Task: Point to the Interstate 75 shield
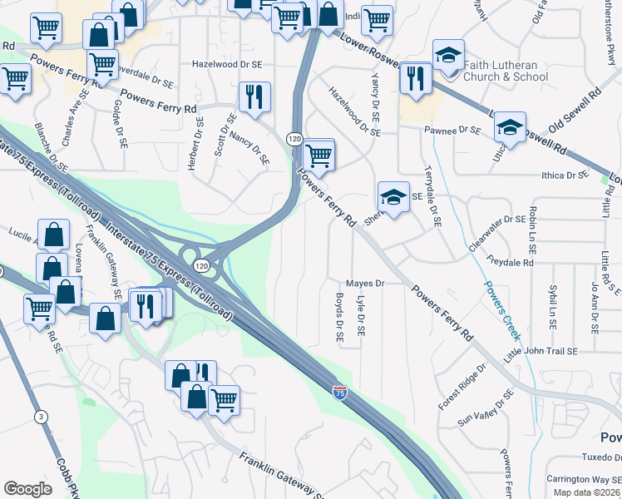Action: tap(339, 391)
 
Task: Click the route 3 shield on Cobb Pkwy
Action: tap(40, 416)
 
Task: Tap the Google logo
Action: tap(27, 489)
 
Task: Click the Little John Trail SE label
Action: tap(541, 352)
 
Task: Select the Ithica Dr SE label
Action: tap(565, 175)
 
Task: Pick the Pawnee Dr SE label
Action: tap(452, 131)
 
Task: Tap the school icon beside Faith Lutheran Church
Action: tap(449, 56)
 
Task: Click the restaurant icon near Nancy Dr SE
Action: tap(254, 96)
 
